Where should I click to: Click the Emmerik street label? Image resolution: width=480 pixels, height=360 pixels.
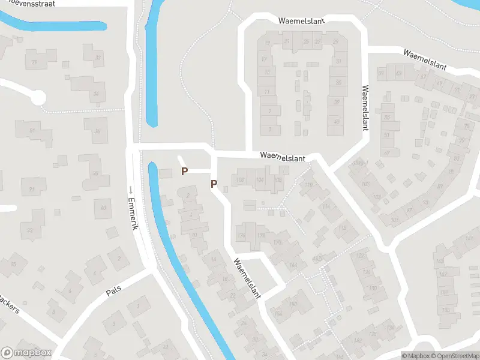[x=134, y=215]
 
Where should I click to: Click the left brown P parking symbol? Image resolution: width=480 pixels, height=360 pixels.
[x=185, y=172]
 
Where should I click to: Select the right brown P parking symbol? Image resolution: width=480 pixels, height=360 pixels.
[x=213, y=184]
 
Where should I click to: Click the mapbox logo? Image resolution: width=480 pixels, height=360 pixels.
[x=26, y=353]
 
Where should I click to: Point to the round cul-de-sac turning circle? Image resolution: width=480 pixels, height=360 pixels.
[x=37, y=97]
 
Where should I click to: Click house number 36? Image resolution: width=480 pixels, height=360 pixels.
[x=97, y=131]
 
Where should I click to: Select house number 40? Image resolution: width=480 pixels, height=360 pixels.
[x=103, y=208]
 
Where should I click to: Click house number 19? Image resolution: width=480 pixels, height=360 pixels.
[x=268, y=43]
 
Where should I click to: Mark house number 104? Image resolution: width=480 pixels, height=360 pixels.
[x=260, y=180]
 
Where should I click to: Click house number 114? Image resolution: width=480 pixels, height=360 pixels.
[x=326, y=206]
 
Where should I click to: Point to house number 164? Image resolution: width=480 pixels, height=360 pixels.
[x=293, y=265]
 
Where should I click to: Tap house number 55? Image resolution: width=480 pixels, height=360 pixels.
[x=387, y=118]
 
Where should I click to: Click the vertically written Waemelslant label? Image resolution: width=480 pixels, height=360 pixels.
[x=364, y=108]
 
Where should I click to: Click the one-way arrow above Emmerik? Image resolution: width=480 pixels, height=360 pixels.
[x=130, y=190]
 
